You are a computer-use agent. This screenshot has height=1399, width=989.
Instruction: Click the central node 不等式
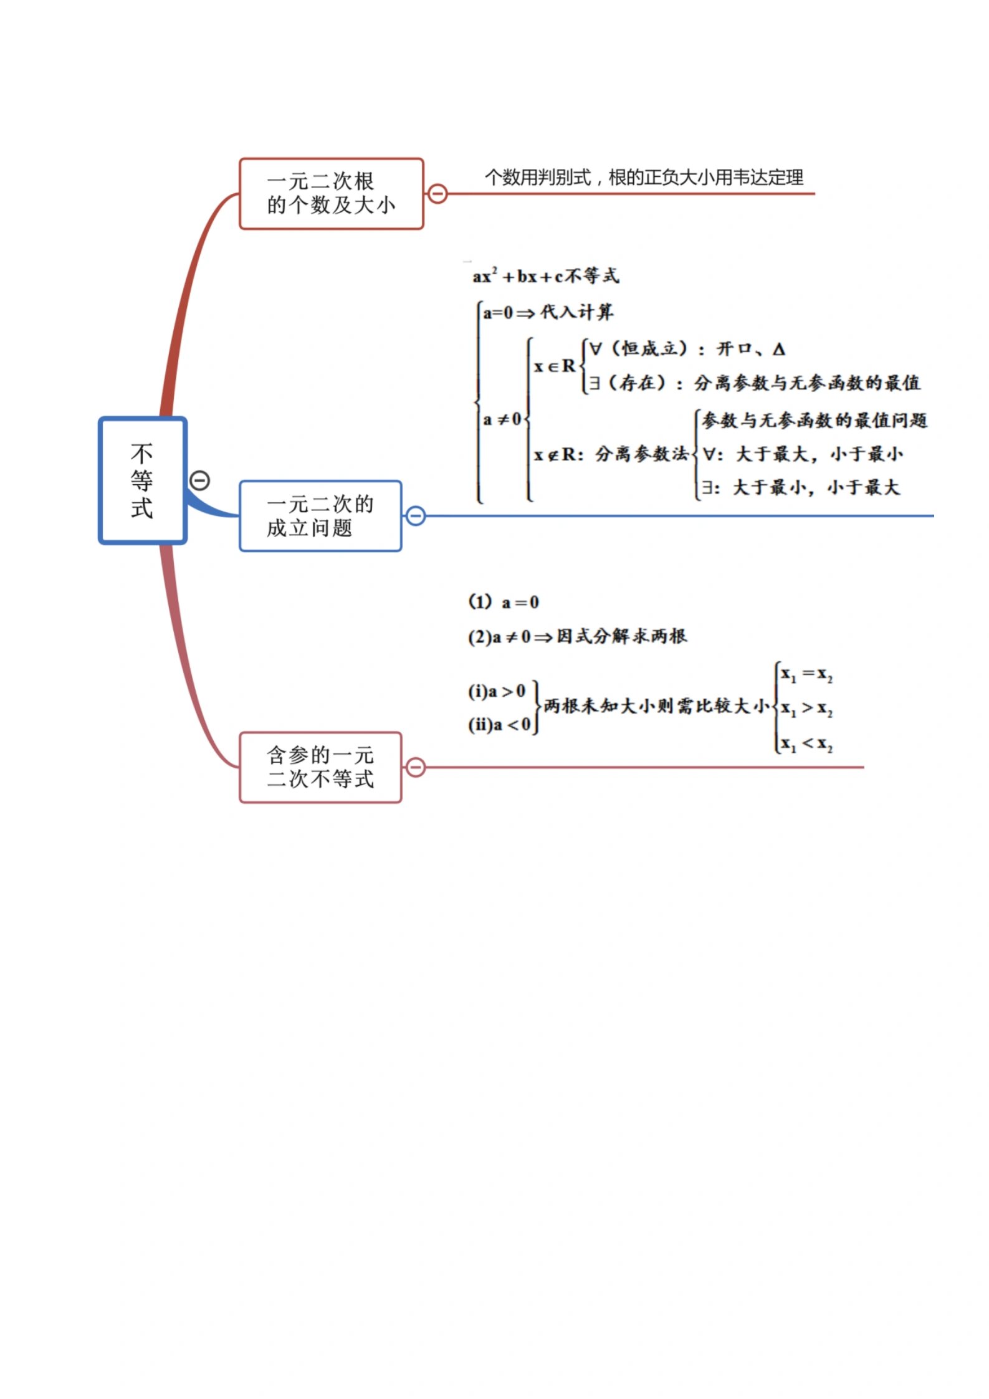[x=143, y=480]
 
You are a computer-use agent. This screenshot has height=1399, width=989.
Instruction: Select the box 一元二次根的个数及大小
[x=331, y=194]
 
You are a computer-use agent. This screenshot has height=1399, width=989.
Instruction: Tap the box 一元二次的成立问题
[x=320, y=516]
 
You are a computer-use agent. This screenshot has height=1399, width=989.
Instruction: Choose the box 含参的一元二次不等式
[x=320, y=767]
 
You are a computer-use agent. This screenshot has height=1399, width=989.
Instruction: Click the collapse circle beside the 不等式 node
[x=200, y=480]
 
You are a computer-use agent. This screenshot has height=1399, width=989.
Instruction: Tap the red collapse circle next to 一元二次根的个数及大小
[x=437, y=194]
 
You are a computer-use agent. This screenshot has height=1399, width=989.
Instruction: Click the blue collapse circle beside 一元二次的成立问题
[x=416, y=516]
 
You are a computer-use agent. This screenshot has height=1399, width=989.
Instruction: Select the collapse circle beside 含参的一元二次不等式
[x=416, y=767]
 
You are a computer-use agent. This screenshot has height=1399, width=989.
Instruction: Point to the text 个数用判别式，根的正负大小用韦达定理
[x=644, y=178]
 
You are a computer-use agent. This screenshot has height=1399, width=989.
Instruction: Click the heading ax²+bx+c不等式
[x=546, y=275]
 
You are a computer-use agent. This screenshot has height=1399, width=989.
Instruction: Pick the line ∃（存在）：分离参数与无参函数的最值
[x=754, y=382]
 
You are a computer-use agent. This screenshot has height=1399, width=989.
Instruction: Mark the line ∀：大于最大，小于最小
[x=803, y=454]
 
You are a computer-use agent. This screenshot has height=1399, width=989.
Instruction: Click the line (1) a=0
[x=504, y=602]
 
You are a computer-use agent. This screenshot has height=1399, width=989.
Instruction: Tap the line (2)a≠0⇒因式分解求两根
[x=577, y=636]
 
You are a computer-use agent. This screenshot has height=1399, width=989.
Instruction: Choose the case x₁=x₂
[x=806, y=674]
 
